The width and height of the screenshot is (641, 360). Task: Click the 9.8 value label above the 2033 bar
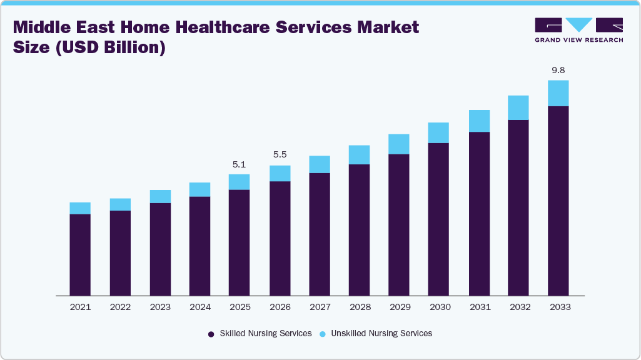tap(558, 70)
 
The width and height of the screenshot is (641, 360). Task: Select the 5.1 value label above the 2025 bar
tap(239, 164)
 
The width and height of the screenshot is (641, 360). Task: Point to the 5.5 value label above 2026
tap(280, 154)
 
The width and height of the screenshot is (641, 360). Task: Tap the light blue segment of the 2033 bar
tap(558, 93)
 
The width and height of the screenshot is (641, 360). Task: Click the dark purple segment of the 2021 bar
tap(80, 254)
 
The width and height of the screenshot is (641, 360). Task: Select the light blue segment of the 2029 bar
tap(398, 144)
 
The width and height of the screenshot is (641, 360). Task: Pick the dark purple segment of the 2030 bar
tap(438, 219)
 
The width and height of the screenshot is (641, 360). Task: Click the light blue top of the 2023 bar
tap(160, 196)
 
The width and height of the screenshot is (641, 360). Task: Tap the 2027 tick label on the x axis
tap(320, 307)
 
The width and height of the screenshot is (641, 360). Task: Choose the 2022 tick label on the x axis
tap(120, 307)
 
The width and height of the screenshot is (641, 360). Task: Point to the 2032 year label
tap(518, 307)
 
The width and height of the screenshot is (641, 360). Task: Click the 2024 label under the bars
tap(199, 307)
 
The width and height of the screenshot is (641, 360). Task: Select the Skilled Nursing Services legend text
tap(265, 334)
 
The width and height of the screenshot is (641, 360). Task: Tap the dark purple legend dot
tap(211, 334)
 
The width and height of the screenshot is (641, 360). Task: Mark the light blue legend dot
tap(322, 334)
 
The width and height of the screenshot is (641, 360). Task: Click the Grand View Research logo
tap(578, 29)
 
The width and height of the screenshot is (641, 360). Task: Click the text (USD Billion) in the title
tap(111, 47)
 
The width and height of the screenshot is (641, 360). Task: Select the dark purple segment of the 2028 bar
tap(359, 229)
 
